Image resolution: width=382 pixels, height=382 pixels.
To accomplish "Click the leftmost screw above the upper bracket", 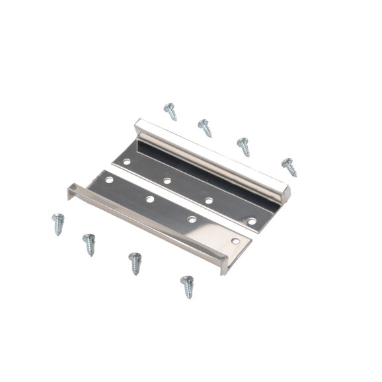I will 171,112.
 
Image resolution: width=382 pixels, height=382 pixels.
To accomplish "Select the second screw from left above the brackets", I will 205,127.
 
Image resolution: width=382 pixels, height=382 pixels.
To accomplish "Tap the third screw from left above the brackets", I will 243,146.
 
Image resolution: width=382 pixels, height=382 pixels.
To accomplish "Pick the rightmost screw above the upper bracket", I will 289,167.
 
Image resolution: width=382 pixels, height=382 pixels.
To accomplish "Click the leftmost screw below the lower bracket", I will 58,223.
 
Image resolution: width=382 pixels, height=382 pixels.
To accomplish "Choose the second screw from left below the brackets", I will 89,244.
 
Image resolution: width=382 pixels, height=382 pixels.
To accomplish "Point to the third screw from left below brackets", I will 135,262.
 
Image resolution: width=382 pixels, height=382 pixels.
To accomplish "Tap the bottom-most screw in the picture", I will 187,286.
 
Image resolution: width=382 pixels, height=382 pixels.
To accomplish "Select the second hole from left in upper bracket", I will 167,180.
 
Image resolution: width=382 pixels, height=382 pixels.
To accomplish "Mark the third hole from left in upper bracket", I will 208,200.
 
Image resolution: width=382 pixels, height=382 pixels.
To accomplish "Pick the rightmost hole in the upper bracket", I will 252,221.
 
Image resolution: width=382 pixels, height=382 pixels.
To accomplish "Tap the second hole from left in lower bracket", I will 150,198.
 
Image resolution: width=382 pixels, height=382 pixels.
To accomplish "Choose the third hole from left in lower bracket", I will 191,219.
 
